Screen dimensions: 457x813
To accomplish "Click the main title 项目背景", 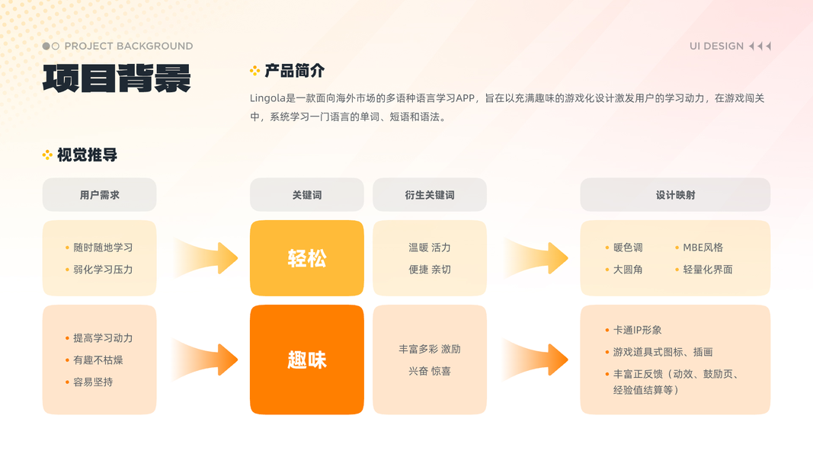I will tap(117, 78).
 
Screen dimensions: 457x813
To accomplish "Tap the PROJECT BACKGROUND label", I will tap(128, 46).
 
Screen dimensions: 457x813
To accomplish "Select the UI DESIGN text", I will tap(716, 46).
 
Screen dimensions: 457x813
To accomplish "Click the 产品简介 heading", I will tap(294, 71).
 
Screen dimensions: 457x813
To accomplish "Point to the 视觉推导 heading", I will tap(87, 155).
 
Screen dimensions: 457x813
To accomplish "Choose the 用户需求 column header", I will tap(99, 195).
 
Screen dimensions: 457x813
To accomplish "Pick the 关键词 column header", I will tap(307, 195).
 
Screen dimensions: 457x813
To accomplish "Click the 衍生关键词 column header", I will tap(430, 195).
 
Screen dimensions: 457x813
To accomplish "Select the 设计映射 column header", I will tap(675, 195).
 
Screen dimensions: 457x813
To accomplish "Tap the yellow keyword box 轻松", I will tap(307, 258).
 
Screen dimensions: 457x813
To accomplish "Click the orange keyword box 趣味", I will tap(307, 360).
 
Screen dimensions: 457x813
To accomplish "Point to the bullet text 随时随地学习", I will tap(103, 248).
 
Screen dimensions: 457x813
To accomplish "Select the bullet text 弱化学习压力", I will tap(103, 270).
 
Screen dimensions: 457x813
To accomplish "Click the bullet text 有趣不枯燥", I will tap(98, 360).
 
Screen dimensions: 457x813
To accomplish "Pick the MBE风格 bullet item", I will tap(703, 248).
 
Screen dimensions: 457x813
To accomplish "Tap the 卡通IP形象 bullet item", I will tap(637, 331).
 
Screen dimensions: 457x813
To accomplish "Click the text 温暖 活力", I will tap(430, 248).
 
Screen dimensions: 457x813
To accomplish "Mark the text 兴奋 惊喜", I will tap(430, 371).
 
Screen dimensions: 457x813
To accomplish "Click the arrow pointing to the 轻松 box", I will tap(206, 258).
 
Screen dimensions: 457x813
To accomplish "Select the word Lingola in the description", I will tap(267, 98).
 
